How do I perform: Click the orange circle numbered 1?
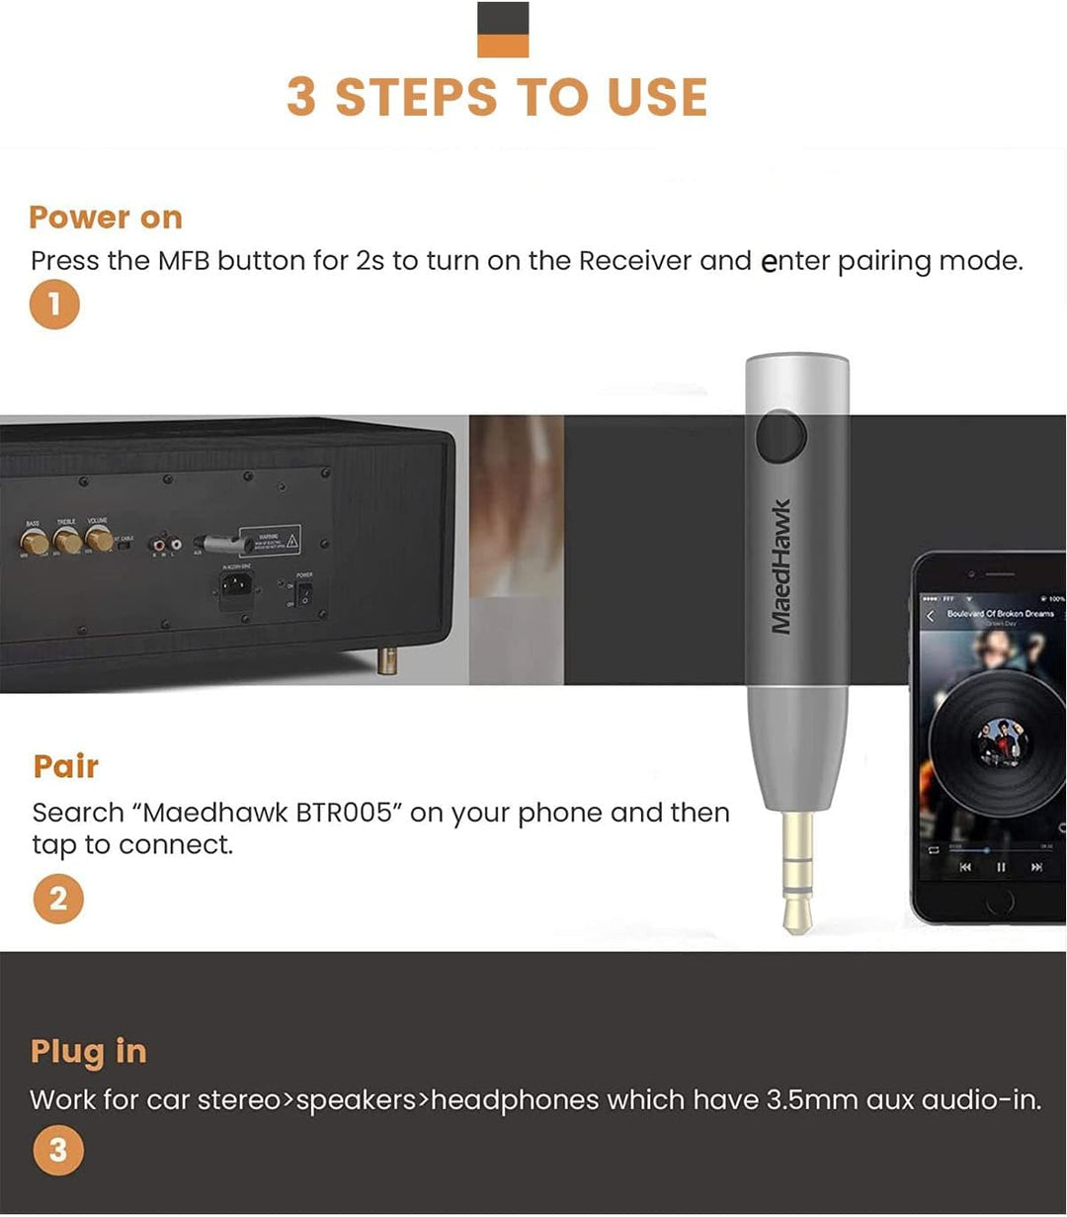54,305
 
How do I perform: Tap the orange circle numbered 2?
57,899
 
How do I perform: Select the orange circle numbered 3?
57,1151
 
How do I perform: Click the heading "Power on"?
106,217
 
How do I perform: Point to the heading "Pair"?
66,766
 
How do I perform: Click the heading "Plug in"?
88,1052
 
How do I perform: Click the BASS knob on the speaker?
35,541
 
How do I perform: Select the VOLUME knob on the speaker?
99,539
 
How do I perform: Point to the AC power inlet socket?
236,587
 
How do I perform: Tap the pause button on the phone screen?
1001,867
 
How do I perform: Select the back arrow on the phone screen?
930,617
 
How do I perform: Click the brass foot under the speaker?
387,659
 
